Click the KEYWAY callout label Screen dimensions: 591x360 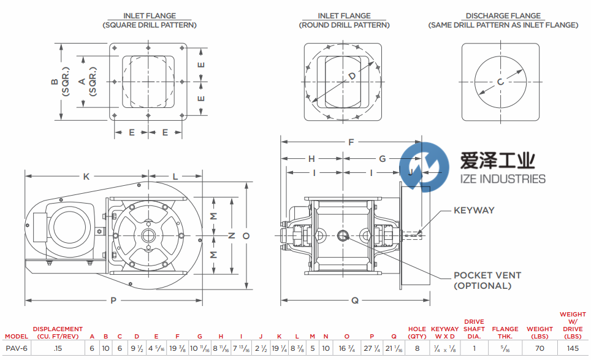tap(474, 210)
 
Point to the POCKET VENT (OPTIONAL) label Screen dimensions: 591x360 tap(487, 280)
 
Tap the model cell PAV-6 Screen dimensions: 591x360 tap(17, 348)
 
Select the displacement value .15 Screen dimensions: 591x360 tap(58, 348)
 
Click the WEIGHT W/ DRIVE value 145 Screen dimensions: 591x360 tap(573, 348)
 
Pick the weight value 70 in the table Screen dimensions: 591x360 tap(540, 348)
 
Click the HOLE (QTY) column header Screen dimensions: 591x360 tap(418, 332)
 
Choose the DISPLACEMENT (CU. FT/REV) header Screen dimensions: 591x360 tap(58, 332)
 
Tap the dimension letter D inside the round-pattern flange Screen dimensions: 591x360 tap(352, 76)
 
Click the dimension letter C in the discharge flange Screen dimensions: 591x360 tap(500, 82)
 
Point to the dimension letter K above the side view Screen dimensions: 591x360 tap(86, 177)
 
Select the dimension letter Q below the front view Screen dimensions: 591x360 tap(355, 301)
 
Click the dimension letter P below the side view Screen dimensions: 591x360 tap(113, 301)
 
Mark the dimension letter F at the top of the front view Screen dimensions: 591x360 tap(351, 142)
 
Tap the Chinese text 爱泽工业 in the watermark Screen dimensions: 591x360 tap(497, 160)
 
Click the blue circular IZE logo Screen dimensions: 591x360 tap(424, 167)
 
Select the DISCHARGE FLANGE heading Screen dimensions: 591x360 tap(503, 16)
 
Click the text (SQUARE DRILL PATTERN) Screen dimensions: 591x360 tap(150, 25)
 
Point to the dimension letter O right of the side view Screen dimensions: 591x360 tap(246, 236)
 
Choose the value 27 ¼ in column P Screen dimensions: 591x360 tap(372, 348)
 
